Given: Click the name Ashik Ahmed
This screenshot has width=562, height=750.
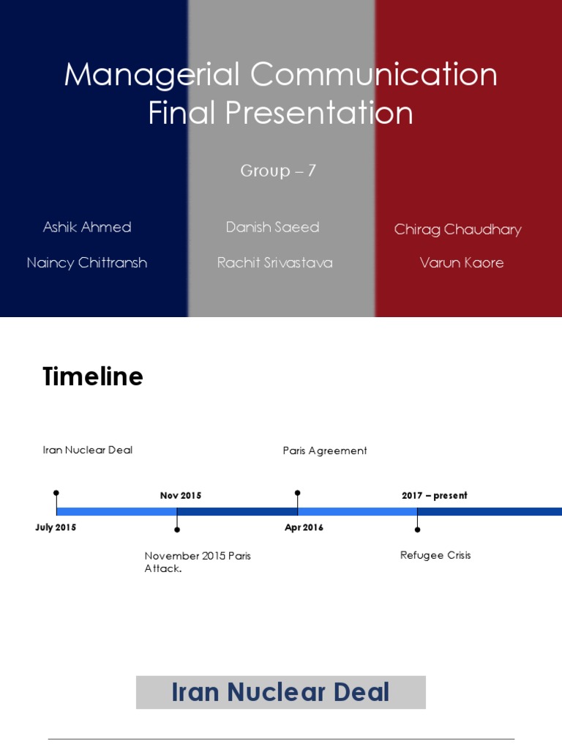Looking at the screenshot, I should (x=87, y=227).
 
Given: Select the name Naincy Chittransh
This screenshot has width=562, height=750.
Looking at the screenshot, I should (x=87, y=263).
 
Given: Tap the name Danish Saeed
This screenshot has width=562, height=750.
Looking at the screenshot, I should (x=273, y=227).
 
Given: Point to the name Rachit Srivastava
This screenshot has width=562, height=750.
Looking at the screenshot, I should (x=275, y=263).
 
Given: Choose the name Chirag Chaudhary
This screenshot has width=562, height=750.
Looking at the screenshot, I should (x=458, y=229).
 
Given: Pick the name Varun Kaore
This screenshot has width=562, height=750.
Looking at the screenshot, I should (x=462, y=263).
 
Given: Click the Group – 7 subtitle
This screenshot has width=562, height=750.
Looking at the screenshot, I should (x=279, y=171).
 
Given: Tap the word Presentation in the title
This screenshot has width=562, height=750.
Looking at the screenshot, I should (x=318, y=113).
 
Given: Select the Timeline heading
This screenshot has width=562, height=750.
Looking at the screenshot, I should (x=93, y=376).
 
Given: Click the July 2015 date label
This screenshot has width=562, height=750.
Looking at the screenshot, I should (x=56, y=527).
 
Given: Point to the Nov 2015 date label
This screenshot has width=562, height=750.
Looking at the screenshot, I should (x=181, y=496).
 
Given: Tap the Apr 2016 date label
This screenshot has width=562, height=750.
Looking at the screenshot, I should (x=304, y=527).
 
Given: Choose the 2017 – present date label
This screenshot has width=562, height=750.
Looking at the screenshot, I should (x=435, y=496).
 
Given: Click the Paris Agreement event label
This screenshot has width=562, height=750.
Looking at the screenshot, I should (x=325, y=451).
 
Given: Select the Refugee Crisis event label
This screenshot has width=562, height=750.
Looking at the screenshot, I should (x=435, y=555).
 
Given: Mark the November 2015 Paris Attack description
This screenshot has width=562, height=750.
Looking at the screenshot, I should (x=198, y=562).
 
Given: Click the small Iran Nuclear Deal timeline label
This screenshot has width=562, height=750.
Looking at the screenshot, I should (x=88, y=450).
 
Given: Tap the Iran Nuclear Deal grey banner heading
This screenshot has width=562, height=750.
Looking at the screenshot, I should (x=281, y=692).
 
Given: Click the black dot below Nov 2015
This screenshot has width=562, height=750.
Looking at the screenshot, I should (x=177, y=529).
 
